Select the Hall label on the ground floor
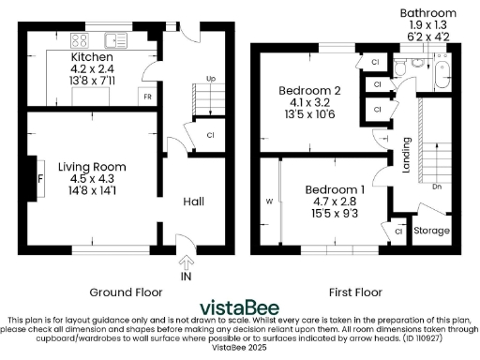tap(193, 202)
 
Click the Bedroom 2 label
tap(308, 91)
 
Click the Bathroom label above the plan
tap(427, 13)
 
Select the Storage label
tap(432, 230)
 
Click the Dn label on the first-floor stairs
tap(438, 187)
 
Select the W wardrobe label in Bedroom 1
tap(268, 200)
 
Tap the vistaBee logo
tap(240, 307)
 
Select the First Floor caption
tap(353, 291)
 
